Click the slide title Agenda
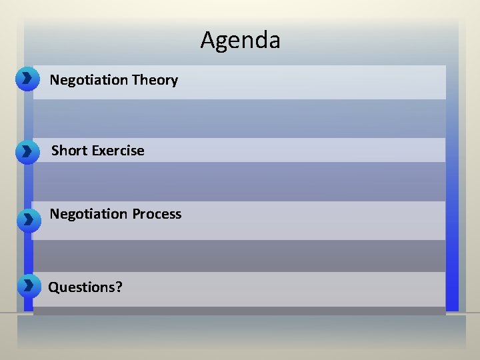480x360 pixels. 240,41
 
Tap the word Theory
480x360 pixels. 155,80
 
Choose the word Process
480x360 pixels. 157,214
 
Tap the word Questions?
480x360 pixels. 85,287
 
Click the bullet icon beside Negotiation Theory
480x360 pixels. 26,79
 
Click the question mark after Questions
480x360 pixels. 119,287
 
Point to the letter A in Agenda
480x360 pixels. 207,41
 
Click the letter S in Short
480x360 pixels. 56,151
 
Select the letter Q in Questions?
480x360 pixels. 54,287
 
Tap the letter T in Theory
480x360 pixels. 135,80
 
